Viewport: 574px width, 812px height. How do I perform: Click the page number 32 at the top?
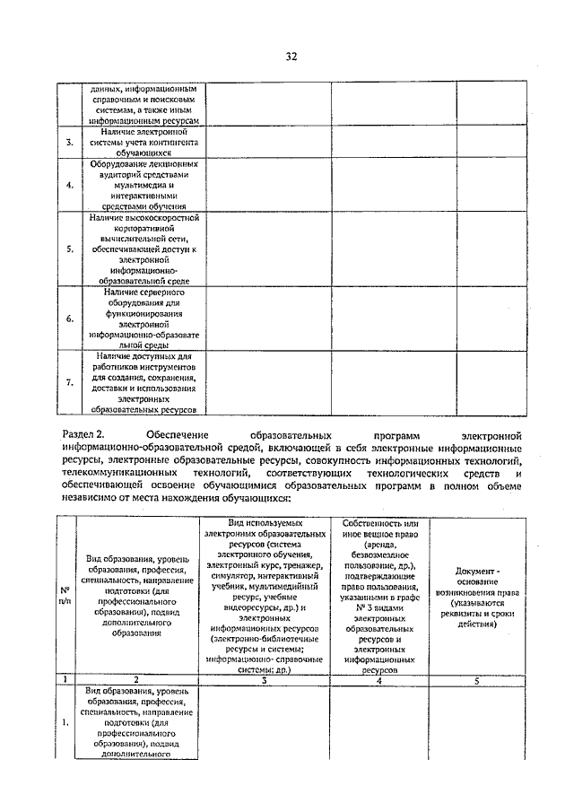(291, 56)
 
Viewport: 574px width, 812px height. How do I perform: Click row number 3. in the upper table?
(71, 143)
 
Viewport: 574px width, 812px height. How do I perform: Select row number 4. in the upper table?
(71, 185)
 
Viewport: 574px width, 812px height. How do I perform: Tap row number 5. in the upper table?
(71, 249)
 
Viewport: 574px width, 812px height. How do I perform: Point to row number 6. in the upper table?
(71, 319)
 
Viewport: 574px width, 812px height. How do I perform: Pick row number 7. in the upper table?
(71, 382)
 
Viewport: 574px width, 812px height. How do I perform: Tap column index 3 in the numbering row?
(265, 679)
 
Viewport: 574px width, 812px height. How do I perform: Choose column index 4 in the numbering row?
(378, 679)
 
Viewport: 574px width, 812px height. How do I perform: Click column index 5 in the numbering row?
(475, 679)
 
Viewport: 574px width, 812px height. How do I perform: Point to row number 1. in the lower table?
(65, 721)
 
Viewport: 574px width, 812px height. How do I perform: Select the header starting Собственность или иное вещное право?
(378, 595)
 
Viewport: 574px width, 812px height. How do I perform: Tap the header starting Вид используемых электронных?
(265, 595)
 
